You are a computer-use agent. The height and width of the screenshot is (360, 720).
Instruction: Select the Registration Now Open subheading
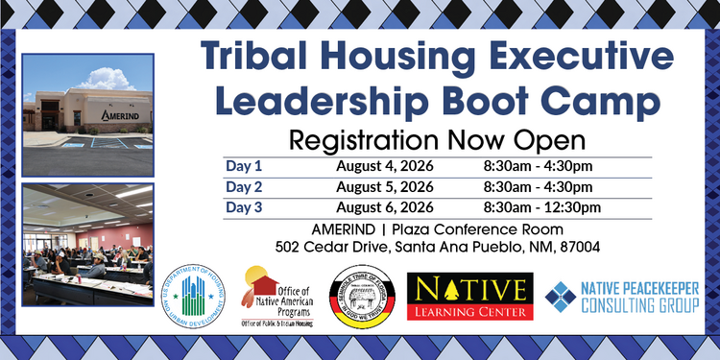(x=437, y=140)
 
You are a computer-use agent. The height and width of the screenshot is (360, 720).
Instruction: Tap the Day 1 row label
(x=243, y=166)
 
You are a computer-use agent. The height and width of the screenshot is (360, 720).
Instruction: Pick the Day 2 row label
(x=243, y=186)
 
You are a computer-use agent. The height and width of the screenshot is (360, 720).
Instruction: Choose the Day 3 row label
(x=243, y=206)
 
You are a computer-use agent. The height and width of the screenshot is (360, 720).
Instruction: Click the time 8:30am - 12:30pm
(x=542, y=206)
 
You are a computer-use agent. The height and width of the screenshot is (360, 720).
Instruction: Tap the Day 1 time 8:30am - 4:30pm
(x=539, y=166)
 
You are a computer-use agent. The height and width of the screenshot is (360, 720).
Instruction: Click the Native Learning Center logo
(x=469, y=296)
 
